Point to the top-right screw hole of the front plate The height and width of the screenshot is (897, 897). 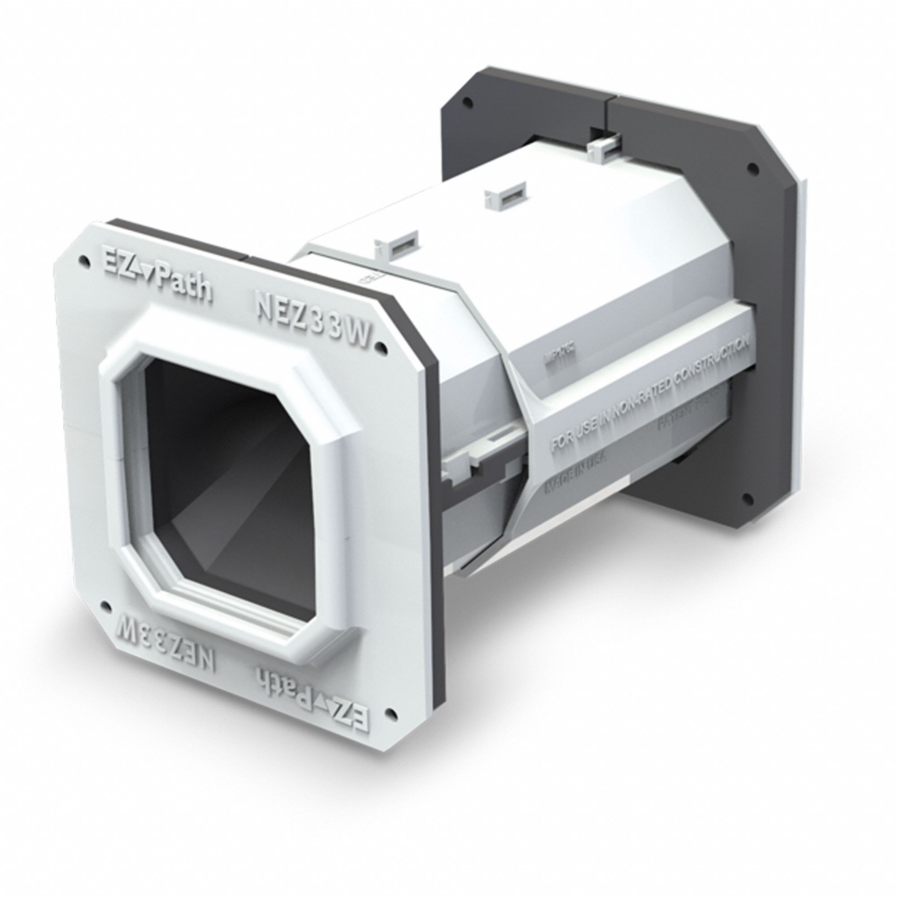point(382,345)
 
